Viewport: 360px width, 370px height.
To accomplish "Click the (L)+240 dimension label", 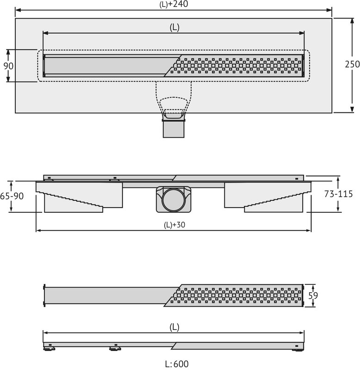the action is pyautogui.click(x=174, y=4).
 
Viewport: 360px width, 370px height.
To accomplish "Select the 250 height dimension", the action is pyautogui.click(x=352, y=64).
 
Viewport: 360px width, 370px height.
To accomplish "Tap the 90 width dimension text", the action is pyautogui.click(x=8, y=66).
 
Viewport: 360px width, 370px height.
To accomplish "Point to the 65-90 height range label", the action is pyautogui.click(x=12, y=196).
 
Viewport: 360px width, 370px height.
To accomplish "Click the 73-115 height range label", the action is pyautogui.click(x=338, y=194).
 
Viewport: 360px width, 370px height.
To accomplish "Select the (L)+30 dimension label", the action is pyautogui.click(x=174, y=225).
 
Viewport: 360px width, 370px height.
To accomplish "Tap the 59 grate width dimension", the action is pyautogui.click(x=313, y=296).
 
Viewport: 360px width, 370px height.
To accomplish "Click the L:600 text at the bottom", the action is pyautogui.click(x=177, y=364).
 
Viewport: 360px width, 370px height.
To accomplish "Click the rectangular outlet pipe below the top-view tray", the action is pyautogui.click(x=174, y=129).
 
